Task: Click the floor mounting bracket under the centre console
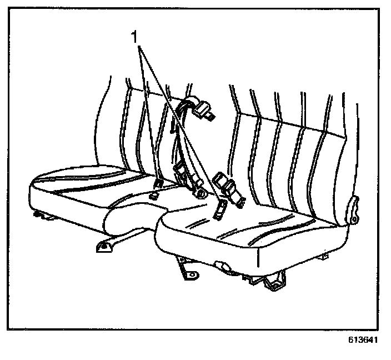click(106, 244)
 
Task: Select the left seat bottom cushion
click(83, 189)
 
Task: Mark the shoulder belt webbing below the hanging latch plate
click(179, 139)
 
